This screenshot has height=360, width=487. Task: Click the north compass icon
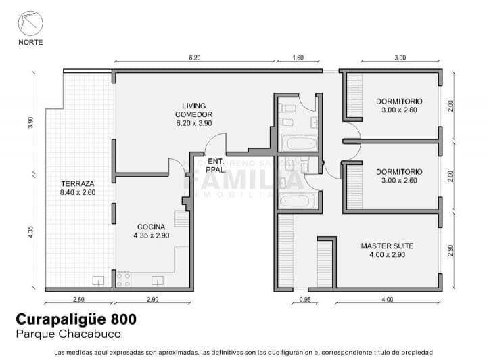click(30, 23)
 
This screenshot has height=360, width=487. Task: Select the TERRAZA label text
click(77, 183)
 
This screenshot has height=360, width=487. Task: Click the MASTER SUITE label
click(387, 246)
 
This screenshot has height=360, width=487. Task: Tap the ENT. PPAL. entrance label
click(216, 165)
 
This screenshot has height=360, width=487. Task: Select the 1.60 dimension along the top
click(298, 58)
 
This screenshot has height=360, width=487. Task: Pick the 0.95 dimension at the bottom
click(304, 299)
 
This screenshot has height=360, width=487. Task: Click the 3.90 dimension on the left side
click(31, 123)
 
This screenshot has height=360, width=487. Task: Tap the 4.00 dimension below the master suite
click(387, 299)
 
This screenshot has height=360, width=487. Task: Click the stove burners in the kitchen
click(123, 279)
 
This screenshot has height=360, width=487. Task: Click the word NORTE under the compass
click(30, 42)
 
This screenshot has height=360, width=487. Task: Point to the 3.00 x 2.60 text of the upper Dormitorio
click(399, 110)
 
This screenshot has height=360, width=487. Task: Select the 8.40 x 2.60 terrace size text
click(77, 193)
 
